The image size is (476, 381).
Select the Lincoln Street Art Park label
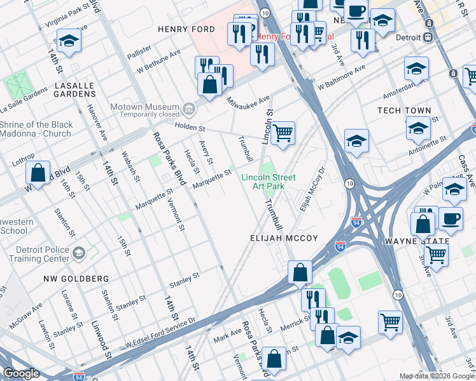[268, 182]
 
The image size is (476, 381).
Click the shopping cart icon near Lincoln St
[283, 134]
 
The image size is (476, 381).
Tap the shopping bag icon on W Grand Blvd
[38, 173]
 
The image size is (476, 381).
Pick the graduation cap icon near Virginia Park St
[69, 41]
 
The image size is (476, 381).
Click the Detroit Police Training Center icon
[78, 254]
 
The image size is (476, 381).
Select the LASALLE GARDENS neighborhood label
[66, 90]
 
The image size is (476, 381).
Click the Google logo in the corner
[21, 373]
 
